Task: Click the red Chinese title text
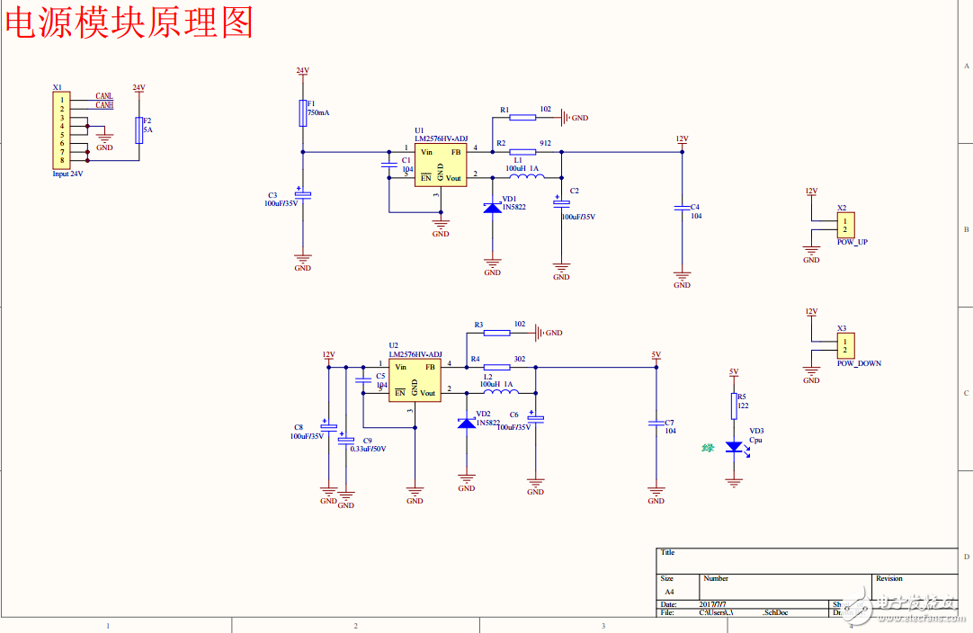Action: [x=129, y=22]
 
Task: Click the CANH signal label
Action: [x=104, y=105]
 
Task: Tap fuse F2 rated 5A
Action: [x=138, y=130]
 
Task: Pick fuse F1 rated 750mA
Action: [x=303, y=113]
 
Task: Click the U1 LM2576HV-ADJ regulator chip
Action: [x=440, y=165]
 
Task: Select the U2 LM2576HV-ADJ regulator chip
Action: [x=415, y=380]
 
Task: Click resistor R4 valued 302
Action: [x=496, y=367]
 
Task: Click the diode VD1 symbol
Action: [x=493, y=207]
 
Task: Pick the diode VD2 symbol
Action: [x=467, y=422]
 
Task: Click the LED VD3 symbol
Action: [x=734, y=447]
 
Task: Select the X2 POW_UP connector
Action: [x=845, y=224]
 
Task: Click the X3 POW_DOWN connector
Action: [x=845, y=345]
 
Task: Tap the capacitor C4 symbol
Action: [x=682, y=209]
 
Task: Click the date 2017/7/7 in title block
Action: [x=717, y=604]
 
